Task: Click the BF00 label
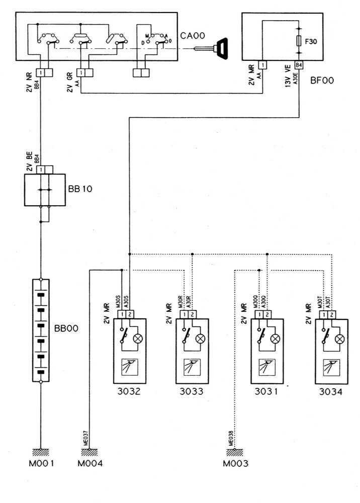[x=317, y=79]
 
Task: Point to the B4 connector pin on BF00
[x=299, y=65]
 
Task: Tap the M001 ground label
[x=41, y=463]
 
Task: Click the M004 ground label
[x=91, y=463]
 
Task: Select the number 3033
[x=191, y=391]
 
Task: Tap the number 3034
[x=331, y=391]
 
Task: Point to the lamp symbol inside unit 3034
[x=340, y=339]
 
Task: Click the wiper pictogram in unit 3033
[x=191, y=366]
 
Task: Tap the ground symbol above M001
[x=41, y=451]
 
